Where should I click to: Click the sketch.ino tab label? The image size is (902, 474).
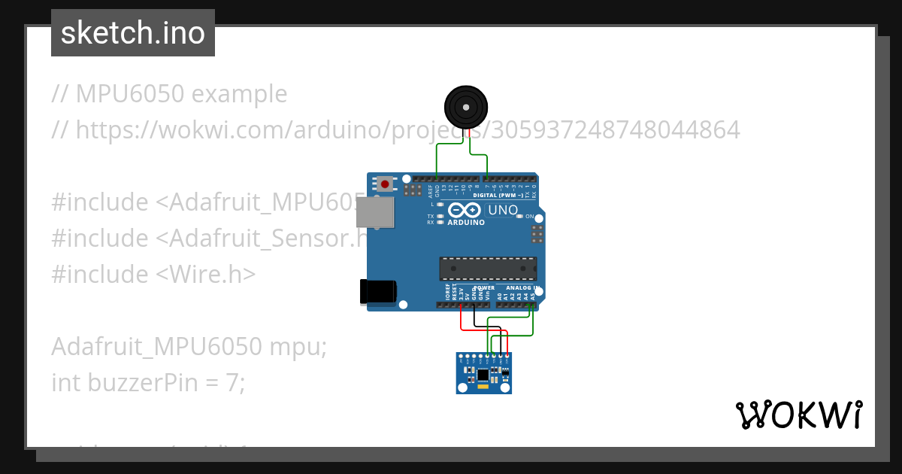[133, 33]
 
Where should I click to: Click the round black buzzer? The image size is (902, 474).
[466, 108]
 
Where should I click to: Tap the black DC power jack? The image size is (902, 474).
[377, 291]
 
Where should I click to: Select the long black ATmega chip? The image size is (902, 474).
[488, 269]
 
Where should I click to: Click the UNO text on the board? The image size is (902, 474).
[503, 210]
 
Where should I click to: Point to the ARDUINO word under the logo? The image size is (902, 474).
[465, 223]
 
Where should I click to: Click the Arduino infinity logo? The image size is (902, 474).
[465, 211]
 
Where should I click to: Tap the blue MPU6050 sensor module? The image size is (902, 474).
[483, 373]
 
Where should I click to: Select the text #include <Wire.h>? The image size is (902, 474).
[153, 274]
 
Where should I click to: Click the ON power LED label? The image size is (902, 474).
[529, 216]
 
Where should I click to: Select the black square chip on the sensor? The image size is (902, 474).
[483, 374]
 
